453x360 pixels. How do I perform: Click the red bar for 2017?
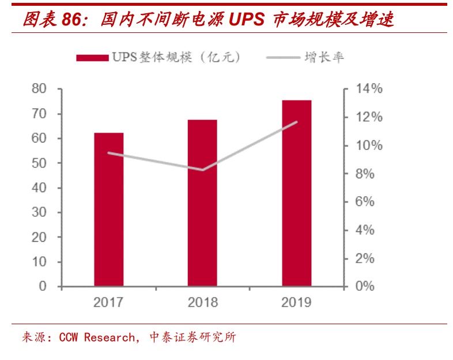point(108,209)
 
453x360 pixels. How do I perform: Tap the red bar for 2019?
point(296,193)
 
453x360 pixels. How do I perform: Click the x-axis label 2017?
point(108,302)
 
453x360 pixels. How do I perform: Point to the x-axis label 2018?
point(202,302)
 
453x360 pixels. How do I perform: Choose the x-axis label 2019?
point(296,302)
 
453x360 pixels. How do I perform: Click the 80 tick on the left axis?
point(39,89)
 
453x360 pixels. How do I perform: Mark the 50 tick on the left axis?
point(39,163)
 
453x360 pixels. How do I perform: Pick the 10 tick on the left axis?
point(39,262)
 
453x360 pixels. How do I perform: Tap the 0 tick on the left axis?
point(42,286)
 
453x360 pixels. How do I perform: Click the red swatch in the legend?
point(92,57)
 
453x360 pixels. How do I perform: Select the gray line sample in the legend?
point(282,57)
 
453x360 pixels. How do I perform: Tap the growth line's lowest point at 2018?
point(202,170)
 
